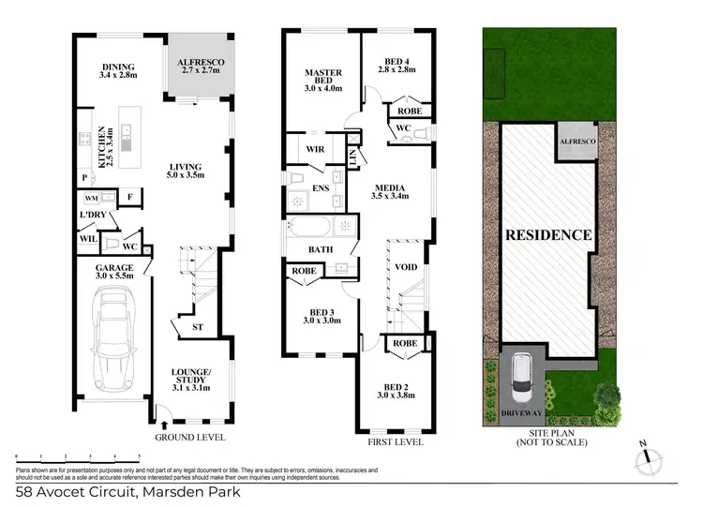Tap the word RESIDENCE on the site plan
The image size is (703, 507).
click(548, 234)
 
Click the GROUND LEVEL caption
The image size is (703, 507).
click(191, 438)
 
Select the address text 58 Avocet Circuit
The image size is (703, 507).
click(127, 492)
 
